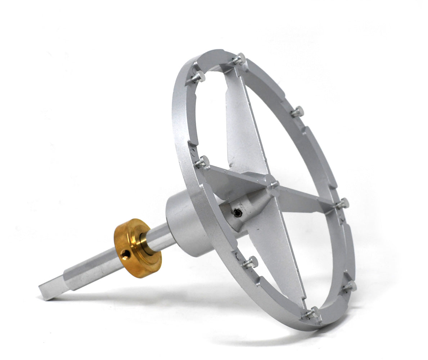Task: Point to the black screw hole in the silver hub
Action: [x=237, y=213]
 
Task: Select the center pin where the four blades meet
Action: [x=274, y=184]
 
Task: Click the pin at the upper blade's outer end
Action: [x=239, y=58]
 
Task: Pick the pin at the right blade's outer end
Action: [x=343, y=203]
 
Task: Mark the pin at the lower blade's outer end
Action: [x=312, y=312]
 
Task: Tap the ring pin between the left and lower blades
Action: [x=251, y=262]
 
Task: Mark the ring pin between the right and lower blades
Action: [x=350, y=287]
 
